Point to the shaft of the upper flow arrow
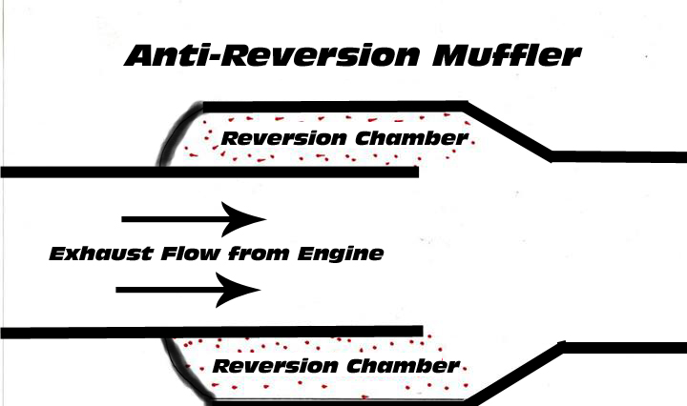click(x=172, y=218)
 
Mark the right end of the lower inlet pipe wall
click(x=417, y=332)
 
